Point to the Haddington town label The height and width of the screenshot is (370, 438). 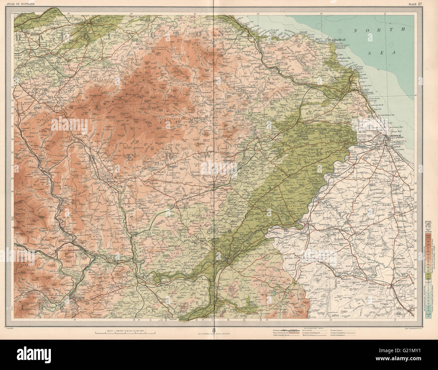pyautogui.click(x=100, y=25)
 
